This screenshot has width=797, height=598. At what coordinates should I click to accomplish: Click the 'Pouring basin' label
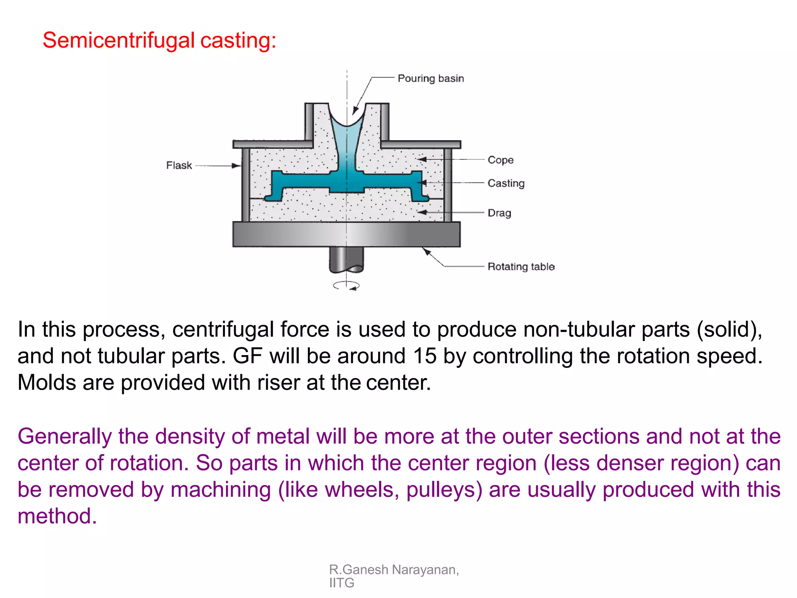430,79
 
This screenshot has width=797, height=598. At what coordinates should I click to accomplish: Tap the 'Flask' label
179,165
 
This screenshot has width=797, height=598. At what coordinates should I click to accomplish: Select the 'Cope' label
500,160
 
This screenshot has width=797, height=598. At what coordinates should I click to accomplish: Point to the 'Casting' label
506,183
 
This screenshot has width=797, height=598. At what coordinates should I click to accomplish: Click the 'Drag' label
499,213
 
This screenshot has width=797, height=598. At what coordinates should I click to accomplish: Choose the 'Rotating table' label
521,267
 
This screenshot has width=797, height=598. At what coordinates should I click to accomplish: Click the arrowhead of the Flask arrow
237,166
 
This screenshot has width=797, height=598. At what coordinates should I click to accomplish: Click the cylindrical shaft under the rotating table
346,259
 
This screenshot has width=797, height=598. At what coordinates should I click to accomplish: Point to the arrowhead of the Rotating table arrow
426,251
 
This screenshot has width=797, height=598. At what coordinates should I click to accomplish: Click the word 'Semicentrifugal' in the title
118,40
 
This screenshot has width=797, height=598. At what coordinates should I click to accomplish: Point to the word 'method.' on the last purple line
57,517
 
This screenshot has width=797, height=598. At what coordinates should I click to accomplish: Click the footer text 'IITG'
342,583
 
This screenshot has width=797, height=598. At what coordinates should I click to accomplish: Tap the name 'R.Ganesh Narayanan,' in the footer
394,570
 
